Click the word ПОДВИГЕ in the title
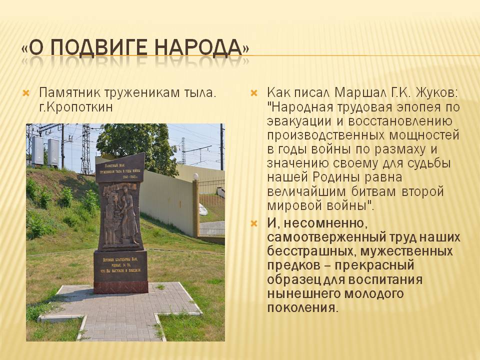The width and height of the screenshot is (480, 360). pyautogui.click(x=99, y=48)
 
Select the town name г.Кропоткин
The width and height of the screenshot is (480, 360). pyautogui.click(x=75, y=107)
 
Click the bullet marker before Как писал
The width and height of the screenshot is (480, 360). pyautogui.click(x=254, y=93)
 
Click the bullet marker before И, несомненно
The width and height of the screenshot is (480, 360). pyautogui.click(x=254, y=223)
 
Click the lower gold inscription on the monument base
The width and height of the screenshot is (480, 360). pyautogui.click(x=120, y=265)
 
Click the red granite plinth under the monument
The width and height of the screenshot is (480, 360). pyautogui.click(x=121, y=287)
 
